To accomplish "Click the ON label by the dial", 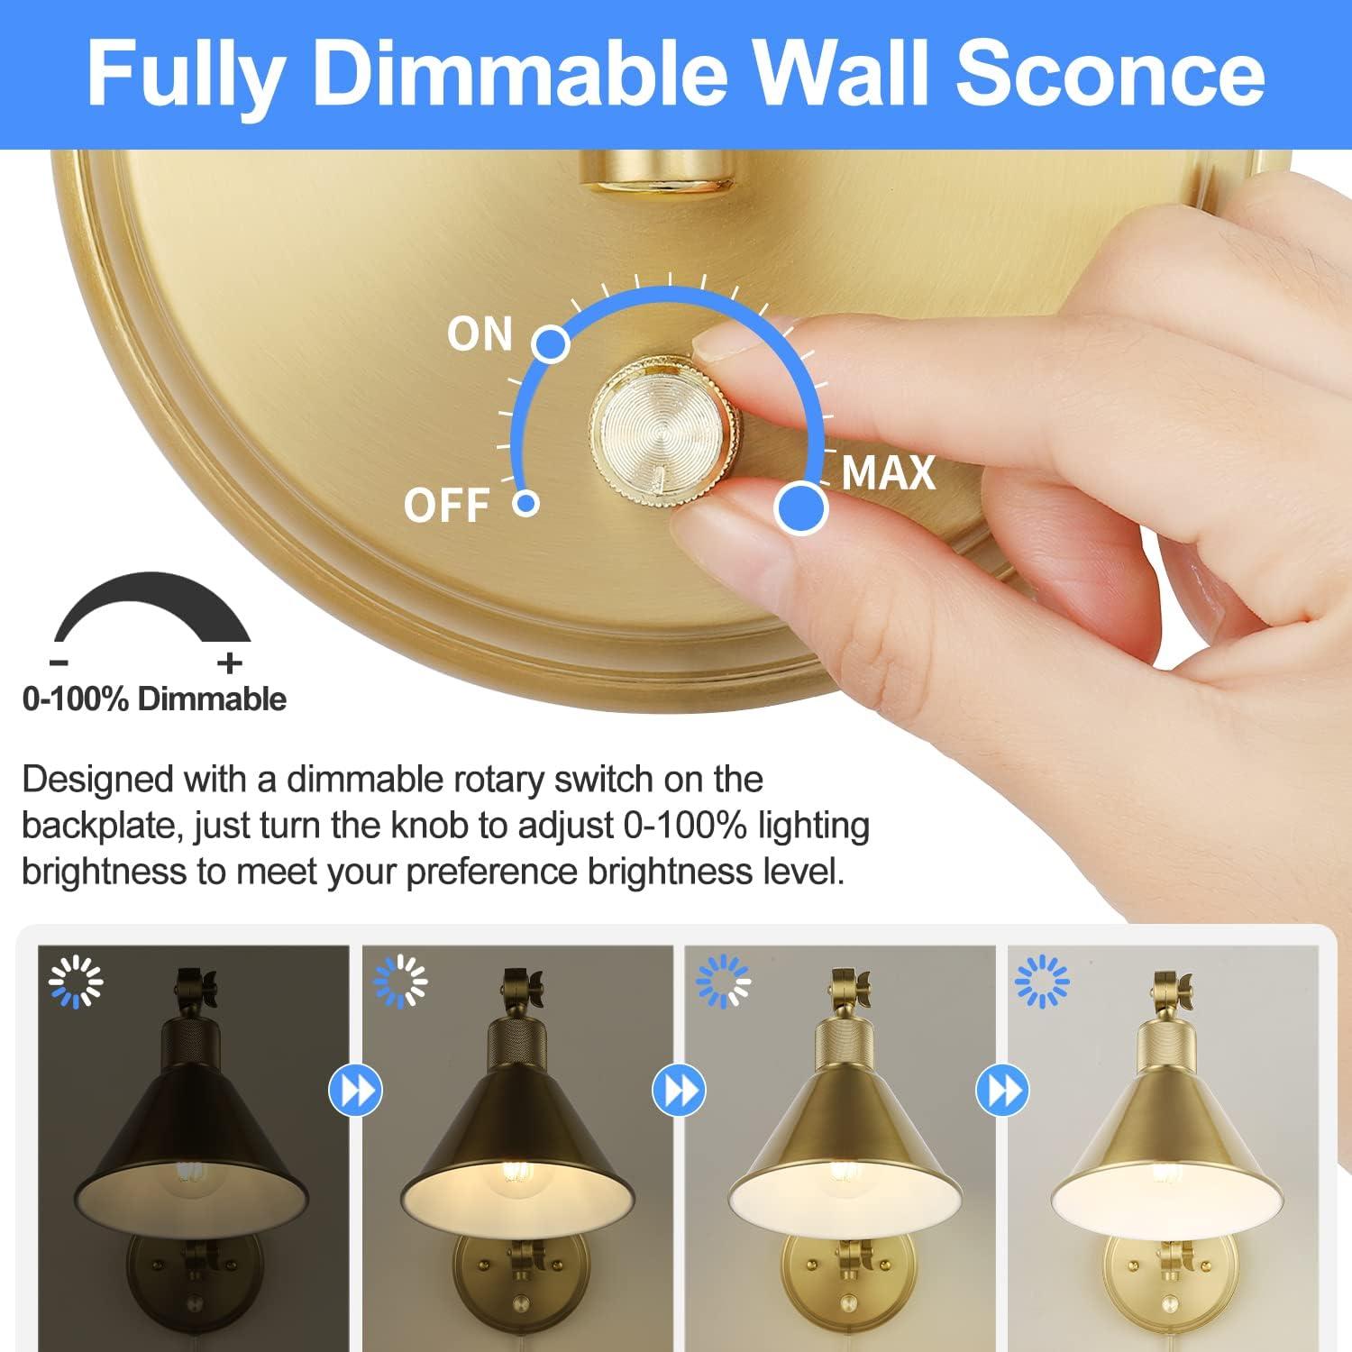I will [x=480, y=334].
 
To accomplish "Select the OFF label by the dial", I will [x=446, y=505].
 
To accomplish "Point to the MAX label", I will [x=888, y=473].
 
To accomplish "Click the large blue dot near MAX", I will [x=800, y=507].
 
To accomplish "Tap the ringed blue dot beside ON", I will [x=552, y=343].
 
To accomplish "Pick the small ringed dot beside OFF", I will [x=526, y=503].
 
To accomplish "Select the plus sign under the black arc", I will [x=230, y=663].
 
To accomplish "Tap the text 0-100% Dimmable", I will [x=154, y=699].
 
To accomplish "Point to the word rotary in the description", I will [x=498, y=780].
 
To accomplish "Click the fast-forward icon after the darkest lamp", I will [x=355, y=1091].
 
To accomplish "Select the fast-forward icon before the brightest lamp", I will [x=1002, y=1091].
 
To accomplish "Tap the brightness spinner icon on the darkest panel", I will [x=77, y=982].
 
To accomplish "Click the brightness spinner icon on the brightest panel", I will [x=1042, y=982].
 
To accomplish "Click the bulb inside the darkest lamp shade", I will [x=192, y=1173].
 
